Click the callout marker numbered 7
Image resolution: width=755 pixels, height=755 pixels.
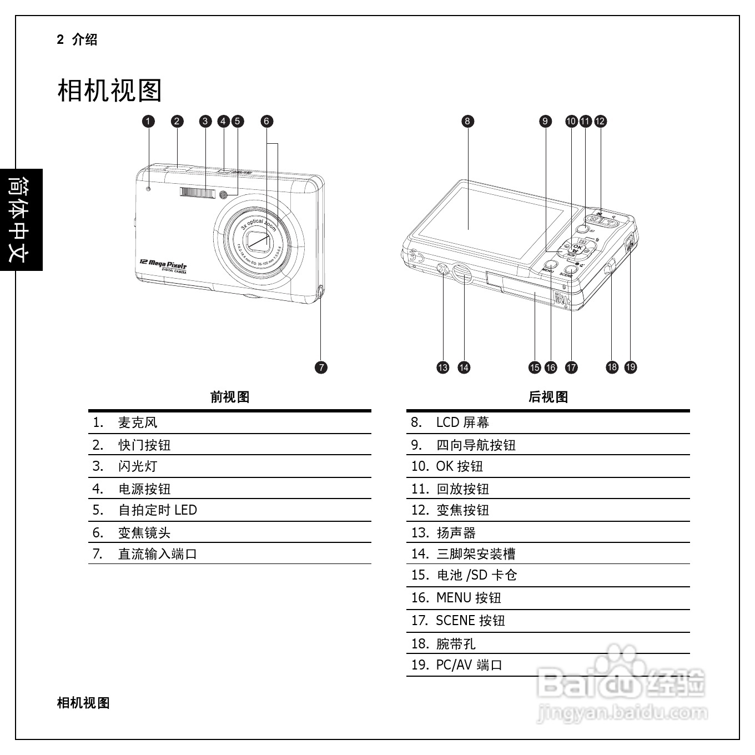[321, 368]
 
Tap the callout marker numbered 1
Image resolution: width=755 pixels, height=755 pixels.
[148, 121]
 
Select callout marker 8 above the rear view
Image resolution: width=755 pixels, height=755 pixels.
[467, 121]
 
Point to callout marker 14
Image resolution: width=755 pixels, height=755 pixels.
[464, 368]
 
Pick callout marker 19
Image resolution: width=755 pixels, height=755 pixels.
[631, 368]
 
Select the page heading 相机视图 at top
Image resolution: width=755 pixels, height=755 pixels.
[109, 90]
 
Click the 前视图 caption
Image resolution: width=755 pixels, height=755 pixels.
[230, 397]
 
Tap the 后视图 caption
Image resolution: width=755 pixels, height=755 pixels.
[548, 397]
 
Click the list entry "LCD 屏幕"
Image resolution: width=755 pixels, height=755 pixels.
[462, 422]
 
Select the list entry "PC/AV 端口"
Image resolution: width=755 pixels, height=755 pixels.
[469, 665]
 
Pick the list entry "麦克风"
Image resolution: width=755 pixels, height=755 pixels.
[138, 422]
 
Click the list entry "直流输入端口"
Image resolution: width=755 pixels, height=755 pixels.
[158, 554]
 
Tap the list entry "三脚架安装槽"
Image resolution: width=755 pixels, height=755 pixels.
[476, 554]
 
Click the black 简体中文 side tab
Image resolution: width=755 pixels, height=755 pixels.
[21, 220]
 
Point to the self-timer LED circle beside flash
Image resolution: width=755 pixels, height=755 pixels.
[224, 194]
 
